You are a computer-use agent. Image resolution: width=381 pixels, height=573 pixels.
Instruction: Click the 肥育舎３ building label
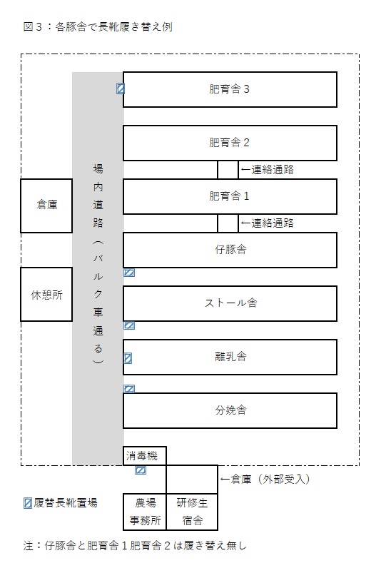coord(229,88)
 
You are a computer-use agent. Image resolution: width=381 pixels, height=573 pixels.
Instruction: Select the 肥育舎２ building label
coord(229,143)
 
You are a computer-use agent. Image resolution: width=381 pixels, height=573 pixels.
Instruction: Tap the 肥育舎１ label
coord(229,196)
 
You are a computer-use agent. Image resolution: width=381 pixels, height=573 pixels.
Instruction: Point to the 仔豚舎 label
coord(230,250)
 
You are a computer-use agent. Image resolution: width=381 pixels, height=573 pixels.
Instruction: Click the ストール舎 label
coord(230,303)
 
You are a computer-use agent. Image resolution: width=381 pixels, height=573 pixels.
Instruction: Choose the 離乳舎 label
coord(230,356)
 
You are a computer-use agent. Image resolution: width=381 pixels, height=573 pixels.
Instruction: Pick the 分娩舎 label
coord(230,410)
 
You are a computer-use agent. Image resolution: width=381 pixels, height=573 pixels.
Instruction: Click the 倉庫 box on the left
coord(46,206)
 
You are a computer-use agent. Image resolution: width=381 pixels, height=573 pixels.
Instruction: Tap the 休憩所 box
coord(46,294)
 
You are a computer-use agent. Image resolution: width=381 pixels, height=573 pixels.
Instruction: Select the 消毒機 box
coord(145,456)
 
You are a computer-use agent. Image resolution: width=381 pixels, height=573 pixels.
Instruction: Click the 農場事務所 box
coord(145,512)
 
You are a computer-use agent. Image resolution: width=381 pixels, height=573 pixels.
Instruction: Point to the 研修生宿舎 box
coord(192,512)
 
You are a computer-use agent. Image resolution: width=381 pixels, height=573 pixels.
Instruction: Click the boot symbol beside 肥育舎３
coord(120,88)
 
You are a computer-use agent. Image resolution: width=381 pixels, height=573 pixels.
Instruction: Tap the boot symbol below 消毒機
coord(141,470)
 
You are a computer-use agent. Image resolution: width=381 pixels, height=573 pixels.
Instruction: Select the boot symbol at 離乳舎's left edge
coord(128,358)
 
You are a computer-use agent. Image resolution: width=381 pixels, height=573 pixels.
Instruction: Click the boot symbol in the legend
coord(27,503)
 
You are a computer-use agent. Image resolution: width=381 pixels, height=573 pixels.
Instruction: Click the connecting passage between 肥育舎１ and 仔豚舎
coord(228,223)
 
